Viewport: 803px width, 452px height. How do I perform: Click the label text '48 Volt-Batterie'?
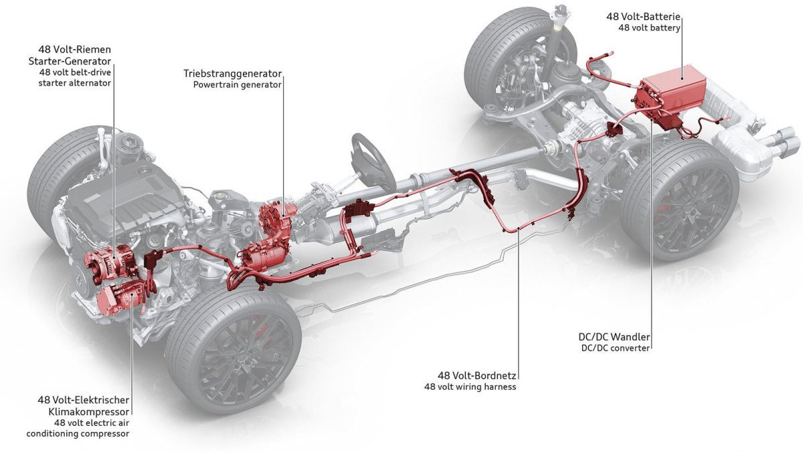648,16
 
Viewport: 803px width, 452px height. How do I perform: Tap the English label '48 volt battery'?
652,28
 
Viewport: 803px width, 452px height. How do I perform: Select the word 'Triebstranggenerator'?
233,72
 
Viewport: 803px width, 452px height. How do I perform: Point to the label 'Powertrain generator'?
238,85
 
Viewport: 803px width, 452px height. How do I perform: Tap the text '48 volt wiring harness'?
470,386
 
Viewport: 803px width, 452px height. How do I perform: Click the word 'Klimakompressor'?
92,411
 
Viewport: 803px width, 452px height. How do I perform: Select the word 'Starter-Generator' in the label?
74,61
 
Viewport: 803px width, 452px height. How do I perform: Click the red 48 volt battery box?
673,94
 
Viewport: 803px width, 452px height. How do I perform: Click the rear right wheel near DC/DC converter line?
679,201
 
